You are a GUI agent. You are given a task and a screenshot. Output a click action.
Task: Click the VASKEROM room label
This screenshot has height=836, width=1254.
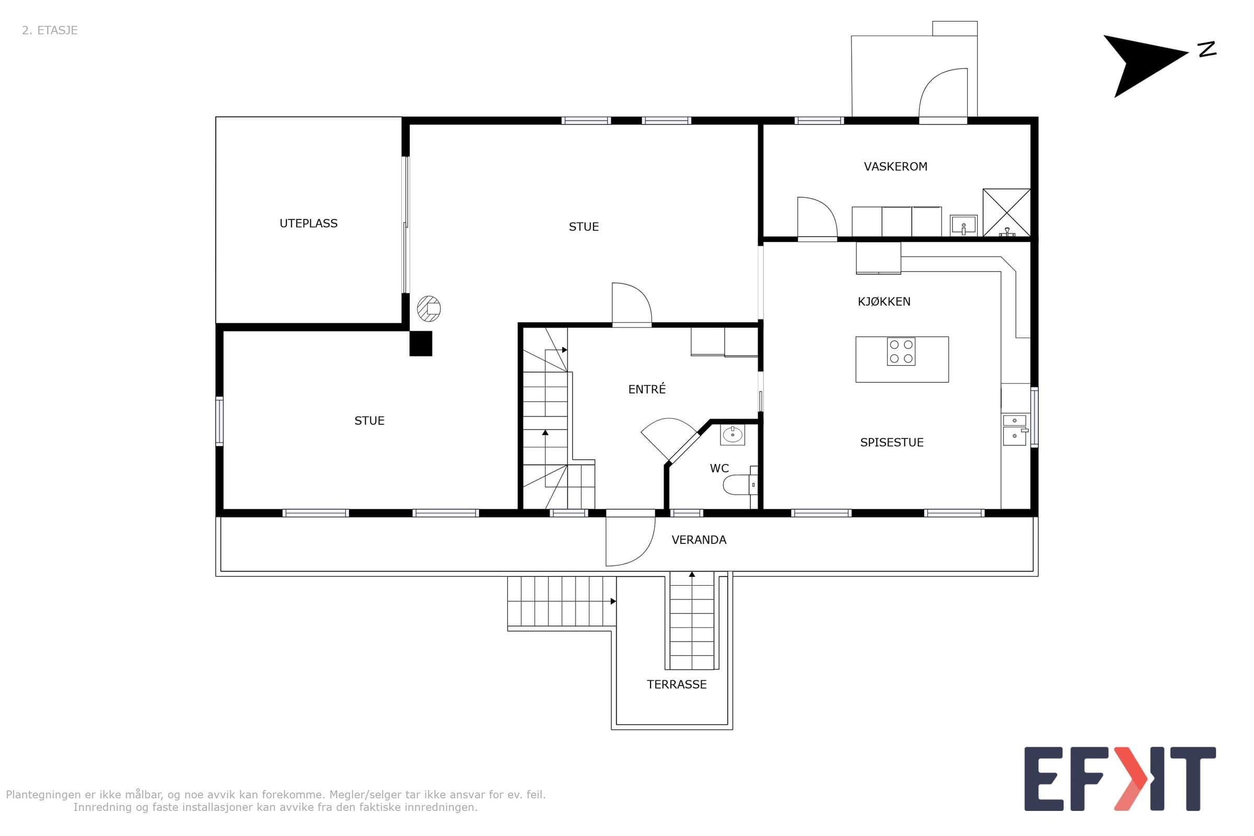(x=895, y=166)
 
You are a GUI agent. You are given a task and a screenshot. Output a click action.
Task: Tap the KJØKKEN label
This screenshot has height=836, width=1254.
(x=884, y=301)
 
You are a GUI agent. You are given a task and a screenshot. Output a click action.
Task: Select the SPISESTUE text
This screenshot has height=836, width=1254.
(x=891, y=442)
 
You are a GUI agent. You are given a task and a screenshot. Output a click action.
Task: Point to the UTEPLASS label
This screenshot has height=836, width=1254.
(x=308, y=223)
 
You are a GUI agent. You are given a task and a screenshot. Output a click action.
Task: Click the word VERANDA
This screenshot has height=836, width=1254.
(x=699, y=540)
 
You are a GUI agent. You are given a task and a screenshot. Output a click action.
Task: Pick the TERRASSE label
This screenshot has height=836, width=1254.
(x=677, y=684)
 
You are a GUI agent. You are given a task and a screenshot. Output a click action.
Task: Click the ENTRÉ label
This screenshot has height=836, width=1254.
(x=647, y=389)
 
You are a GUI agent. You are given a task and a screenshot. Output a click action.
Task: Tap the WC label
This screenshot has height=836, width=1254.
(x=719, y=468)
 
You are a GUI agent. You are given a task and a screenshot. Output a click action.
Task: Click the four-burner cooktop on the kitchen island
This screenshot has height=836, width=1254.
(x=901, y=351)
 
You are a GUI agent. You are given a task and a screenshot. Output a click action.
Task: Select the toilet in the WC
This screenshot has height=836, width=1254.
(x=740, y=484)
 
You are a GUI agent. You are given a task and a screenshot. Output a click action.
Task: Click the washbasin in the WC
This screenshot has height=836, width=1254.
(x=733, y=435)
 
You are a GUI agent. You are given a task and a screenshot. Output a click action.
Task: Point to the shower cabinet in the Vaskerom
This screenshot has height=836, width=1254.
(x=1007, y=212)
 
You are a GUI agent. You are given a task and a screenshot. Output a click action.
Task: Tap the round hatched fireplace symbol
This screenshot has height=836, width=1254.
(x=428, y=309)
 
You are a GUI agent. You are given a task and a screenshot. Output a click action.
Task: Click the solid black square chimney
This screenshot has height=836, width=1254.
(x=421, y=343)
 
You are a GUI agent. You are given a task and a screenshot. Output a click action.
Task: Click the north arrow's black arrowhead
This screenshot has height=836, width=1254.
(x=1141, y=64)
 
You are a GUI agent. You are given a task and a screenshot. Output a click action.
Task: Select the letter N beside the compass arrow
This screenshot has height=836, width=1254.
(x=1207, y=49)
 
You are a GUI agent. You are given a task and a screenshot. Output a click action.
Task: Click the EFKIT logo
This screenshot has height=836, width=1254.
(x=1120, y=779)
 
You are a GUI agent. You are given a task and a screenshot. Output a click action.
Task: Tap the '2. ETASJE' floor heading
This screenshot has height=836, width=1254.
(x=50, y=30)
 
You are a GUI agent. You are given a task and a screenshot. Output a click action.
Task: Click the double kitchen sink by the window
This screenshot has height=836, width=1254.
(x=1015, y=428)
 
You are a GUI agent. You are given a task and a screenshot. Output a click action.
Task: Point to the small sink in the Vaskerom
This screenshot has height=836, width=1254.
(x=963, y=225)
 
